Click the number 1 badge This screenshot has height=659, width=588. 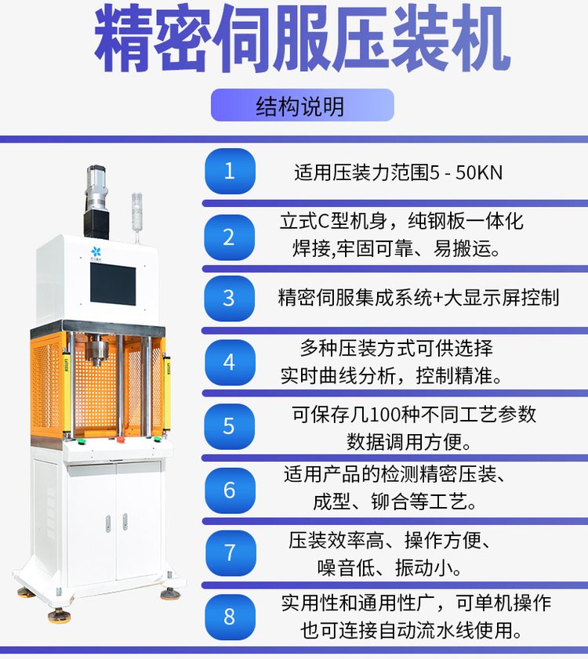(x=230, y=172)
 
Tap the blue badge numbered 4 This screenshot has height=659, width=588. (x=230, y=363)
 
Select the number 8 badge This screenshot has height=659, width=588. (x=230, y=617)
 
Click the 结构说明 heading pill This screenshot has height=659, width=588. (x=302, y=105)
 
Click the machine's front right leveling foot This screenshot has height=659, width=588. (x=169, y=593)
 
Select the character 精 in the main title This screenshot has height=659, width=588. (x=126, y=39)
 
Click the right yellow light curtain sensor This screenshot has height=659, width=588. (x=167, y=384)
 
